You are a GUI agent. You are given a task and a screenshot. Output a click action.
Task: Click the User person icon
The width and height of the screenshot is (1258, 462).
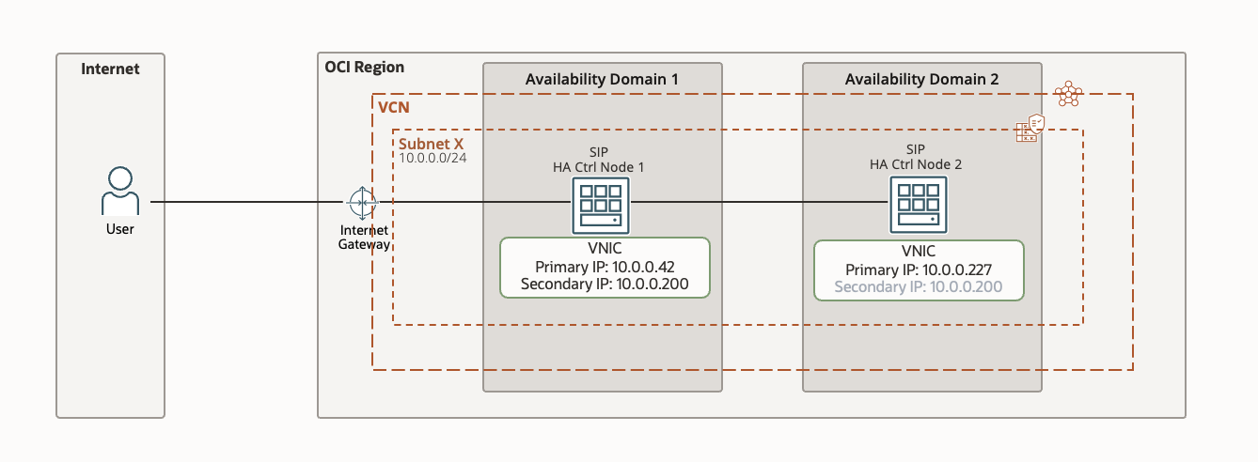click(119, 192)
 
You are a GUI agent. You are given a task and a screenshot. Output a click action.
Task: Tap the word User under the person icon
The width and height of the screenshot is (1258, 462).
click(119, 229)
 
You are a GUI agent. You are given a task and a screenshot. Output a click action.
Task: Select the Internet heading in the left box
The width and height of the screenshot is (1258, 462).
click(110, 69)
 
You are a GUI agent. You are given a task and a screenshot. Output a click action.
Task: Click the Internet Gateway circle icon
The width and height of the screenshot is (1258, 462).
click(362, 202)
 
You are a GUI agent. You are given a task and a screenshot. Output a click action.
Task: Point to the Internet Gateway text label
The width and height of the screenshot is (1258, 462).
click(363, 237)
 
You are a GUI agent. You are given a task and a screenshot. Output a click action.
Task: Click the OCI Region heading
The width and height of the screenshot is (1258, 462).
click(364, 67)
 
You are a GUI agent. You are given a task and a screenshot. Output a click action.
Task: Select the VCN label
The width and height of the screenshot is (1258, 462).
click(393, 108)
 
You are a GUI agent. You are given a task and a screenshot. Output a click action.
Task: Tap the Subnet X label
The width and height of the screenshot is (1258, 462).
click(432, 144)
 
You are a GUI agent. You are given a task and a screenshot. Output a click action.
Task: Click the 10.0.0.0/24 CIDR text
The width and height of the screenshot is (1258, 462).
click(433, 158)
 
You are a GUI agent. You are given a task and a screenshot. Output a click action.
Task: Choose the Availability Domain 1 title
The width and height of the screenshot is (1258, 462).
click(602, 79)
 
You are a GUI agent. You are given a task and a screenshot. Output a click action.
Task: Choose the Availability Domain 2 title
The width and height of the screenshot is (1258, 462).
click(921, 79)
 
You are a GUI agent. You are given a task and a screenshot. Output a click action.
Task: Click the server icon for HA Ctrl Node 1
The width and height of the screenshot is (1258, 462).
click(601, 205)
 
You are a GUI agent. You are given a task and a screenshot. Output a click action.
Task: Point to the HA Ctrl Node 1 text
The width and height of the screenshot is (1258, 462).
click(601, 167)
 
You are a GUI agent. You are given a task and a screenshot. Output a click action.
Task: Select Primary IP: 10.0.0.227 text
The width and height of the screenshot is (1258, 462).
click(919, 269)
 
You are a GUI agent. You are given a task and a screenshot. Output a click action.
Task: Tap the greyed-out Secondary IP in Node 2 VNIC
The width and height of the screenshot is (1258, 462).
click(919, 286)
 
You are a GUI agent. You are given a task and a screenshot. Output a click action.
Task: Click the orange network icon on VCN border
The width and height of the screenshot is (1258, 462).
click(1068, 94)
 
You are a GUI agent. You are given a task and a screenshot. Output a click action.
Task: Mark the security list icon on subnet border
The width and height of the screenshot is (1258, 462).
click(1030, 129)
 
